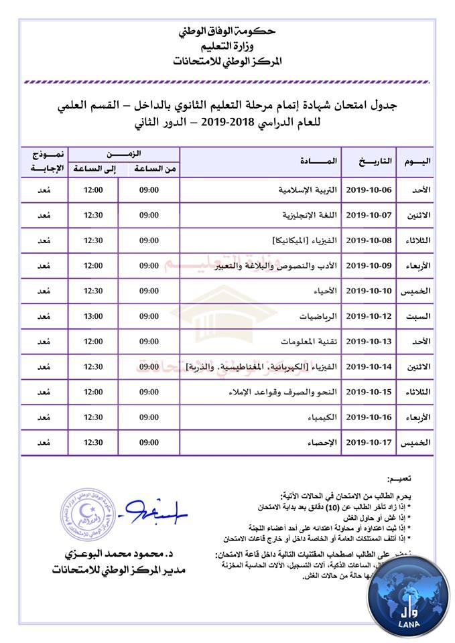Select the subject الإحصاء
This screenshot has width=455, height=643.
click(x=324, y=443)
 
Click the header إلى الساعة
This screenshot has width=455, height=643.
click(x=94, y=169)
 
